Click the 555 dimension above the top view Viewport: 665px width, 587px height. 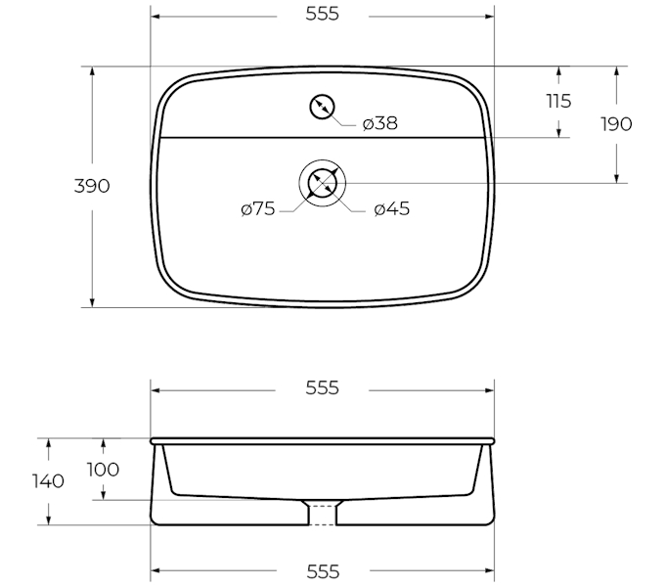[323, 14]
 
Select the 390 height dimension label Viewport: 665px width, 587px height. [92, 186]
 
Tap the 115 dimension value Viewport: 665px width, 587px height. [558, 102]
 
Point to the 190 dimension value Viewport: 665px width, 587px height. [616, 124]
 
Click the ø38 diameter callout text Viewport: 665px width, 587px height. [380, 123]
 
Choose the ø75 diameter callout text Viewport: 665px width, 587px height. [258, 209]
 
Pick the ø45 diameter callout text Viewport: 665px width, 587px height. [392, 209]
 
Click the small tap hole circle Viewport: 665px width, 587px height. [323, 107]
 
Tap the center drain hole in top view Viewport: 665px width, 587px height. [323, 183]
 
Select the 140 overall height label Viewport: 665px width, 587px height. [48, 481]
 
